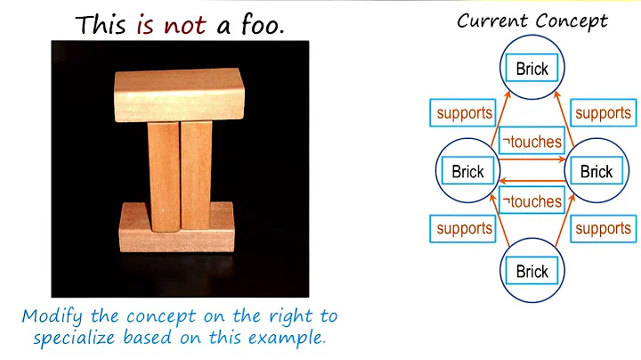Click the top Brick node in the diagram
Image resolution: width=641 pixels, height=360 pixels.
[x=532, y=68]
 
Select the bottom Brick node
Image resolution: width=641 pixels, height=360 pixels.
[x=532, y=270]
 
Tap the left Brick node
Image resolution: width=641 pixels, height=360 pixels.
[x=467, y=171]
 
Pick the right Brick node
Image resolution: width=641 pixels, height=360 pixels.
[x=596, y=171]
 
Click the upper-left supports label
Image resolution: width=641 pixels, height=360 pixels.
[x=464, y=113]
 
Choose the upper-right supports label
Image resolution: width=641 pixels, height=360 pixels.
[x=603, y=113]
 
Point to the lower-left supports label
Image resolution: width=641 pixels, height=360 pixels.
[x=464, y=229]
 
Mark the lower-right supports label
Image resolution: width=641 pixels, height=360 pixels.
[x=603, y=229]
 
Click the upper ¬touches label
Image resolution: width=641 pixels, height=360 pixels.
[x=531, y=141]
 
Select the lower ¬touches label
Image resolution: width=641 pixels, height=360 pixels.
[x=531, y=200]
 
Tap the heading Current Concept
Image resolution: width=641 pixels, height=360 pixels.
[x=531, y=20]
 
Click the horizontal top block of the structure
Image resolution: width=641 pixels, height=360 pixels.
[x=178, y=95]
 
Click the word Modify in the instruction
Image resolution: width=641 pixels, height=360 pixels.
[x=53, y=316]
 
